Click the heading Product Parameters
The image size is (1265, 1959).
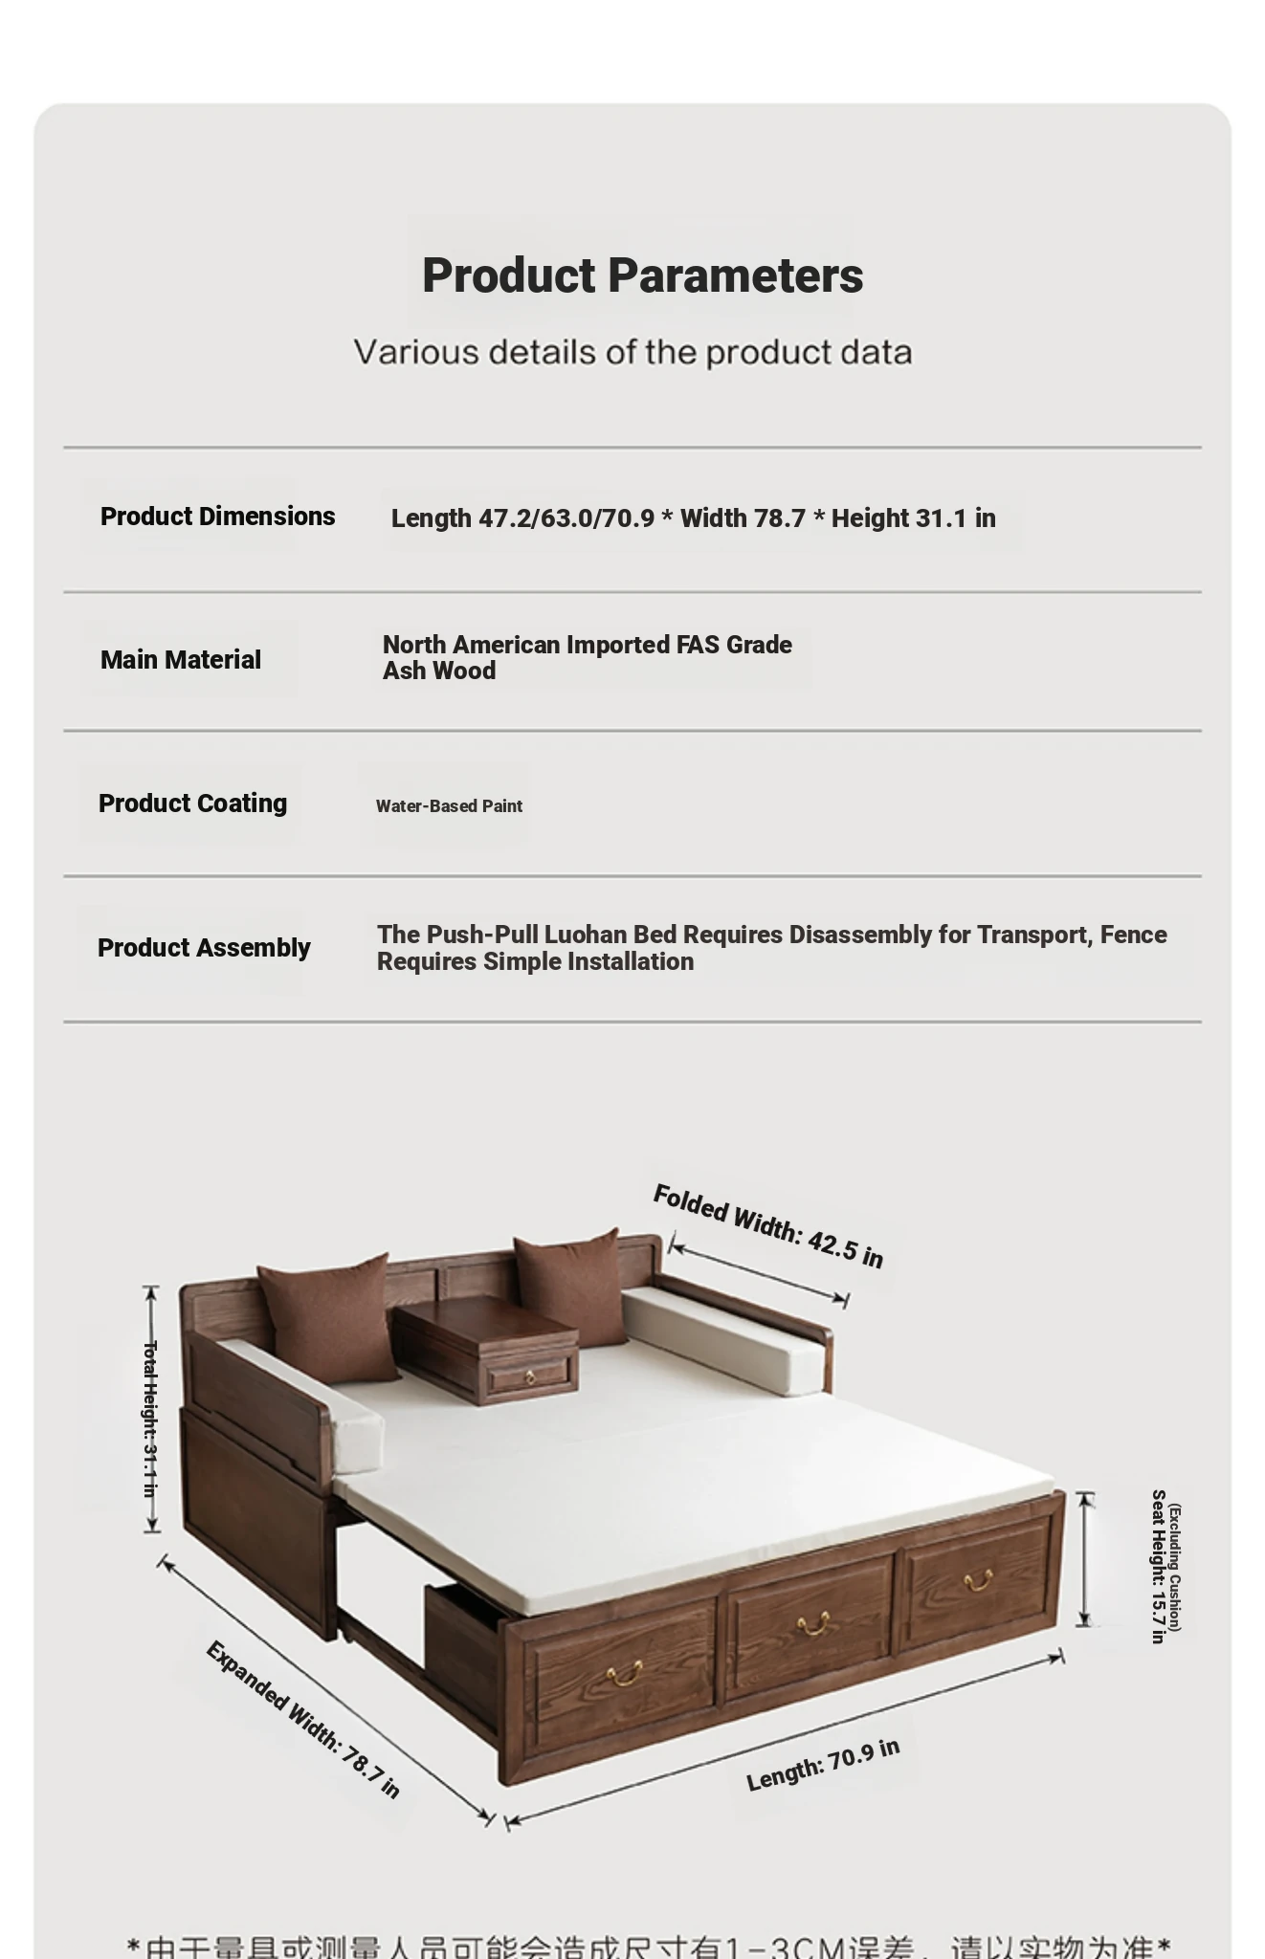(x=642, y=275)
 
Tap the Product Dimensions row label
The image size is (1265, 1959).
(x=217, y=517)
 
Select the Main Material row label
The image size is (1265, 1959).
(x=180, y=660)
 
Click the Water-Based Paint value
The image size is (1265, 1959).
(x=449, y=806)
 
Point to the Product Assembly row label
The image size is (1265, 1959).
(x=204, y=948)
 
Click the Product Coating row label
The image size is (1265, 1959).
(x=192, y=803)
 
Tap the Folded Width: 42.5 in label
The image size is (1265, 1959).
(x=767, y=1225)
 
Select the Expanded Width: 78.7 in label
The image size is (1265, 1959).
(x=302, y=1719)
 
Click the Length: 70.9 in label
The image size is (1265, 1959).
(x=823, y=1764)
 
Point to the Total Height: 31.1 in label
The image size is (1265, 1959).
(x=150, y=1419)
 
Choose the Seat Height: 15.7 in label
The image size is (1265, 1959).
(x=1158, y=1565)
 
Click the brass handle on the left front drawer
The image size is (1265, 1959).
(x=624, y=1674)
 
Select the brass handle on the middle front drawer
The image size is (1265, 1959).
(x=812, y=1623)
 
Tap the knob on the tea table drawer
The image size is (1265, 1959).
(x=530, y=1377)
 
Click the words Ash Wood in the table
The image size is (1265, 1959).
(x=439, y=671)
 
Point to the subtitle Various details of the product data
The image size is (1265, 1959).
(x=632, y=352)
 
